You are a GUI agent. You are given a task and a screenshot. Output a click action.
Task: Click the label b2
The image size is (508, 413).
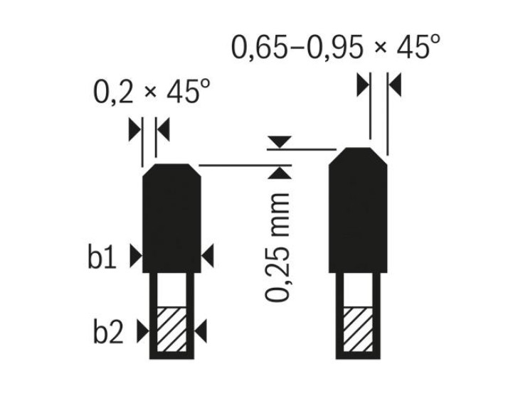point(108,331)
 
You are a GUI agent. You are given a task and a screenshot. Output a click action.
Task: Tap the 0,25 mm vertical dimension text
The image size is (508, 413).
point(277,247)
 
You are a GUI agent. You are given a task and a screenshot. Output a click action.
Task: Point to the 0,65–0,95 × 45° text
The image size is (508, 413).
point(336,47)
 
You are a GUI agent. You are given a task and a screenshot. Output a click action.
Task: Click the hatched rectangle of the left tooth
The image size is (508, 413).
point(171,329)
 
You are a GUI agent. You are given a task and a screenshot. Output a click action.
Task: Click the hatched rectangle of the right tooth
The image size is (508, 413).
point(358,329)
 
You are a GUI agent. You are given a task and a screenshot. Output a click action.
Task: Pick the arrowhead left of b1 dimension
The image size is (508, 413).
point(136,256)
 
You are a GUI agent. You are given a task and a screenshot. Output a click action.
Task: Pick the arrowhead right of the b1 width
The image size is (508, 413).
point(208,256)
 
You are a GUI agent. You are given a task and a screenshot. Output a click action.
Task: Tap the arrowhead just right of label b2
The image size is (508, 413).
point(143,331)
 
